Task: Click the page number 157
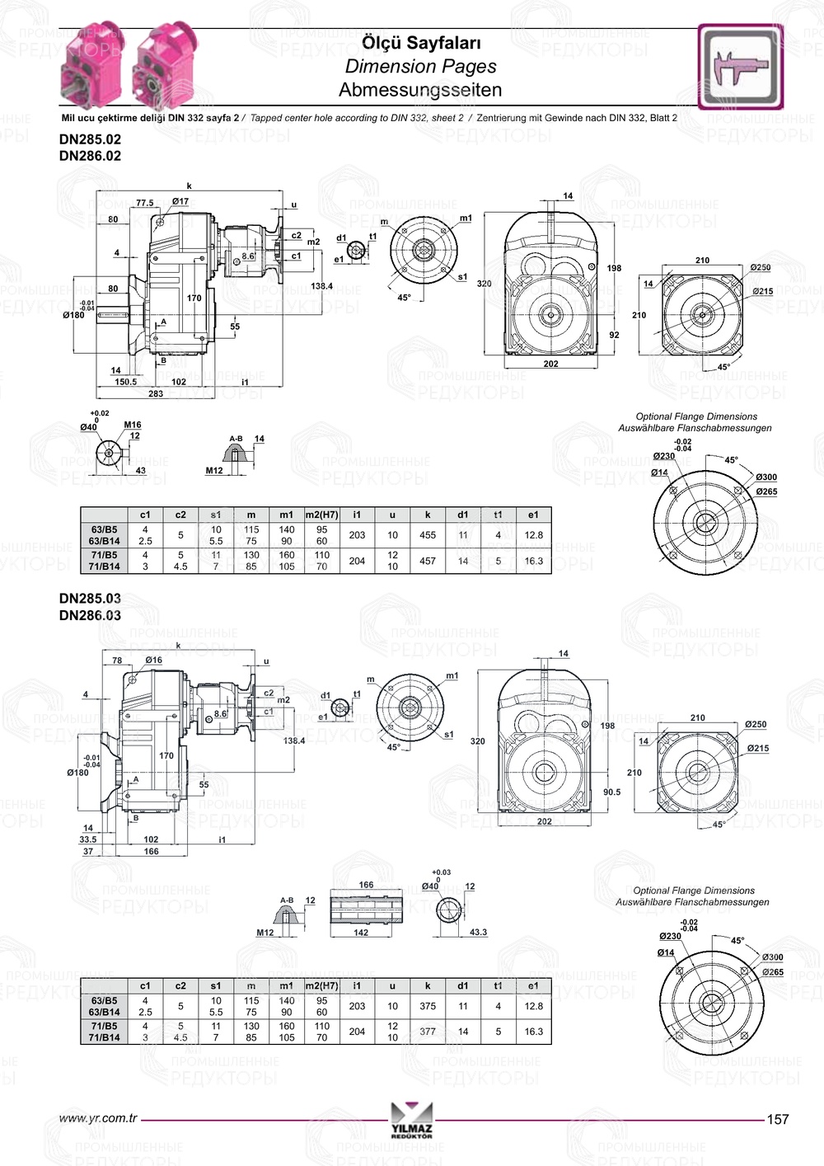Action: [x=777, y=1119]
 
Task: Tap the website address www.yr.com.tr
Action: [x=97, y=1118]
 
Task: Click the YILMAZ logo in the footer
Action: [x=412, y=1120]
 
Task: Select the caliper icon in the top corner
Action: [x=740, y=67]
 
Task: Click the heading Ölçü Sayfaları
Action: [x=421, y=43]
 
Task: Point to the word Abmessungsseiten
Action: [x=420, y=90]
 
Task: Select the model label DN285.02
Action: [x=90, y=139]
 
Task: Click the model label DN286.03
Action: [x=90, y=615]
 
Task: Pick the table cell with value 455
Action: [x=428, y=535]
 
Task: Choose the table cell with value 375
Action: [x=428, y=1006]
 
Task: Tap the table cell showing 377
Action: [x=428, y=1032]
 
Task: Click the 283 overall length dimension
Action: [x=156, y=393]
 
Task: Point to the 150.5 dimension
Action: [x=125, y=382]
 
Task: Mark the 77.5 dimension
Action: [x=144, y=203]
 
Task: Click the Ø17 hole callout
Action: [x=180, y=201]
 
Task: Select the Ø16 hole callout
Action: [x=153, y=660]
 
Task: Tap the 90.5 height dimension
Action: [x=611, y=792]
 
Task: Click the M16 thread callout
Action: [x=133, y=425]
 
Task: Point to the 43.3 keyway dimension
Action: [x=478, y=932]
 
